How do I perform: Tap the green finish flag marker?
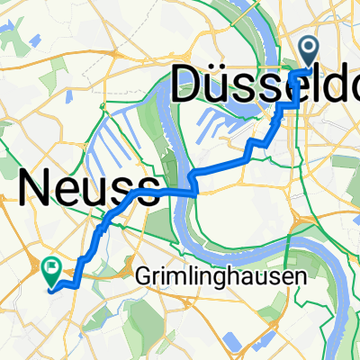[x=51, y=267]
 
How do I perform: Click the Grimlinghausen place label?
[x=232, y=278]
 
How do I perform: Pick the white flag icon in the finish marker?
[x=51, y=265]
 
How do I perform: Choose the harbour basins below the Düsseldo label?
[x=229, y=121]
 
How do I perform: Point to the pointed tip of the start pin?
[x=309, y=68]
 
